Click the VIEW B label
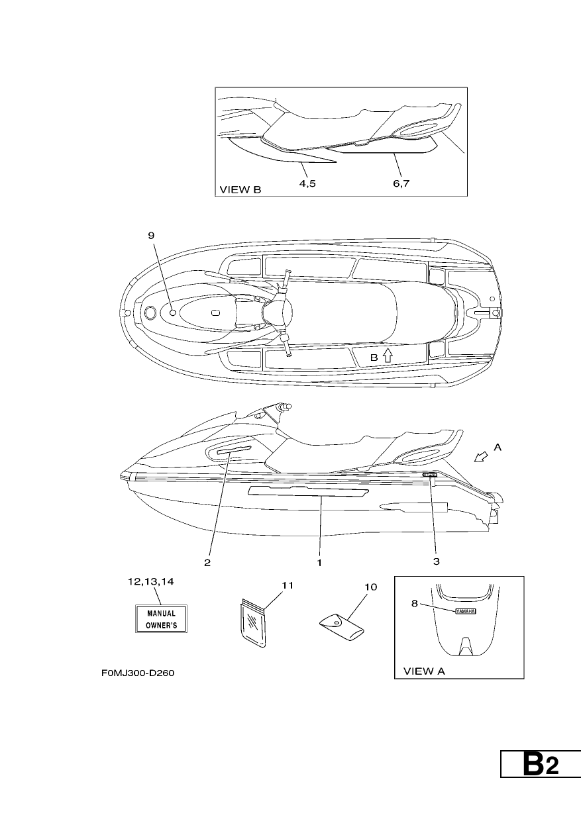pyautogui.click(x=240, y=189)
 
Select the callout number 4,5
pyautogui.click(x=307, y=183)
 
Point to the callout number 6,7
pyautogui.click(x=401, y=183)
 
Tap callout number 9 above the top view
pyautogui.click(x=152, y=235)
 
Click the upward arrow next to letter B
pyautogui.click(x=388, y=356)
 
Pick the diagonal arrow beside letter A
pyautogui.click(x=480, y=457)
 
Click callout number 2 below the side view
pyautogui.click(x=207, y=563)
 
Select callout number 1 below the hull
pyautogui.click(x=319, y=563)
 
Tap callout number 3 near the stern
pyautogui.click(x=436, y=561)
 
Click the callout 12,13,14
pyautogui.click(x=151, y=582)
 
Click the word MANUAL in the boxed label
pyautogui.click(x=162, y=613)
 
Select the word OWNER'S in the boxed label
pyautogui.click(x=162, y=626)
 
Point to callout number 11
pyautogui.click(x=288, y=585)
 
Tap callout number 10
pyautogui.click(x=370, y=587)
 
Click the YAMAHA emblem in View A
pyautogui.click(x=465, y=611)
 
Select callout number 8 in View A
pyautogui.click(x=415, y=603)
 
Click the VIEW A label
pyautogui.click(x=424, y=671)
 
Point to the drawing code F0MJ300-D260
pyautogui.click(x=138, y=673)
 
